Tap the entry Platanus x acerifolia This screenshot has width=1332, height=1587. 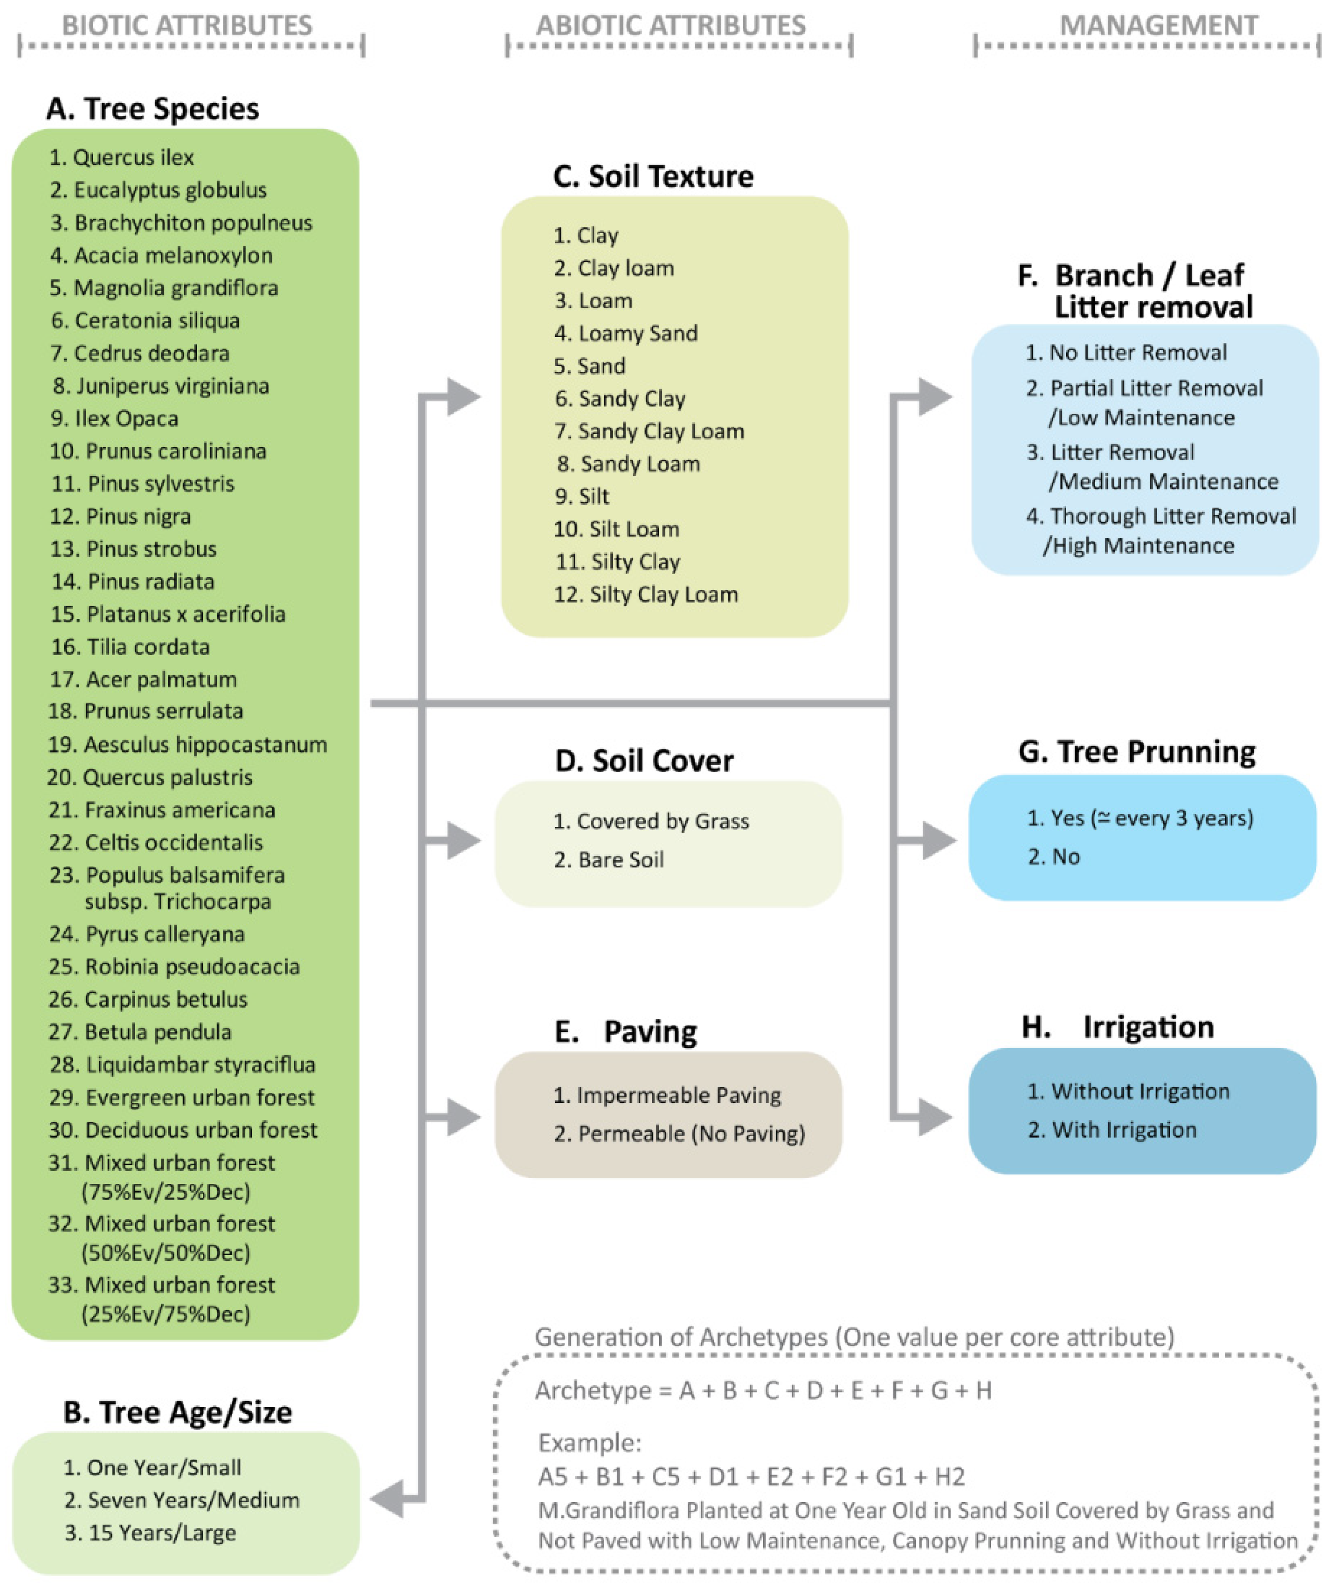coord(168,614)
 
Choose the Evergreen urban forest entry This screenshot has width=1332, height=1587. coord(181,1097)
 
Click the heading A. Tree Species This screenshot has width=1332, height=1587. coord(153,109)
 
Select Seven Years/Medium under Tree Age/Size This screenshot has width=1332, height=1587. coord(181,1500)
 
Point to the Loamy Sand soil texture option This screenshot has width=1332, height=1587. coord(626,333)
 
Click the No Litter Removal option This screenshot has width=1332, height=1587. coord(1126,353)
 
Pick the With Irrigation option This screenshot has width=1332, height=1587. coord(1112,1130)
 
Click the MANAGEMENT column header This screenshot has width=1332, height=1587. coord(1158,26)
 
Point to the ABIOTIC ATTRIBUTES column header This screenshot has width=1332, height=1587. coord(671,26)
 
